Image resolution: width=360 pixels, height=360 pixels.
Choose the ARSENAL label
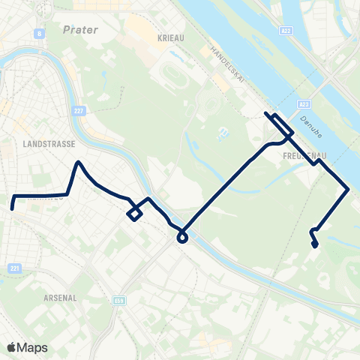(61, 297)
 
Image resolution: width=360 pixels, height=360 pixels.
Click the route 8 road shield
(37, 34)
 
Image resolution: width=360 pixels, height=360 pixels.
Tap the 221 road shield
(16, 268)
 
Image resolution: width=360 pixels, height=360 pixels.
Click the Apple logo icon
(11, 347)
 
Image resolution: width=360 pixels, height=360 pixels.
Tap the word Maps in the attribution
(33, 347)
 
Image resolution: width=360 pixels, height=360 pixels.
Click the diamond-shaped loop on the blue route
(134, 214)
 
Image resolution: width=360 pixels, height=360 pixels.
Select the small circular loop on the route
(181, 238)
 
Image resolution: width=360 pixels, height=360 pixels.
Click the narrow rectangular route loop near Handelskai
(274, 121)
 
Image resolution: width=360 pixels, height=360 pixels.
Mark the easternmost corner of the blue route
(347, 189)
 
